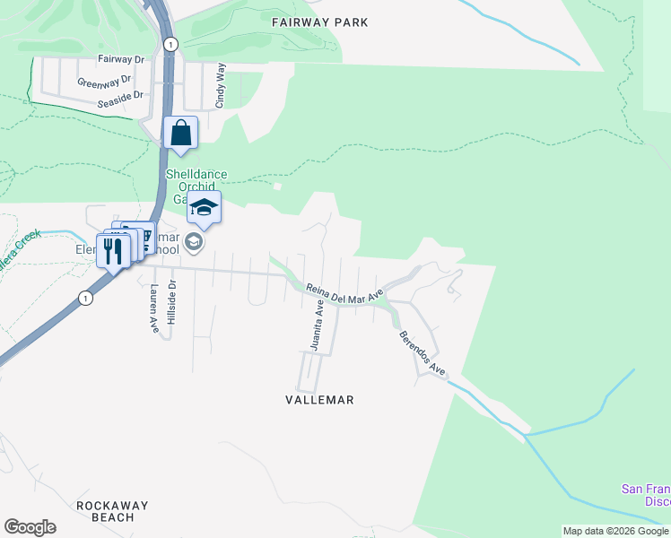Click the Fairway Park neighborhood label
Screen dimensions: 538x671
pyautogui.click(x=319, y=22)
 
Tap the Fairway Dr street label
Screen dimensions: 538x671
pyautogui.click(x=121, y=59)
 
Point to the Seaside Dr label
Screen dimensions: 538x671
pyautogui.click(x=121, y=95)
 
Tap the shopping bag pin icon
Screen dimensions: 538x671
pyautogui.click(x=180, y=133)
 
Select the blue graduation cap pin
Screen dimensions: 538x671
pyautogui.click(x=204, y=208)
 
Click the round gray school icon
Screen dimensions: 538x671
pyautogui.click(x=193, y=242)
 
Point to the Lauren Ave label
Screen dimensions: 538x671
pyautogui.click(x=154, y=309)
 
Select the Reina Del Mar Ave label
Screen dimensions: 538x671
pyautogui.click(x=344, y=294)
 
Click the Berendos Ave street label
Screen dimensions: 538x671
pyautogui.click(x=423, y=352)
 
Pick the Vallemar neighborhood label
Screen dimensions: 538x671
pyautogui.click(x=319, y=400)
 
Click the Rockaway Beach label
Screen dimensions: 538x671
pyautogui.click(x=111, y=511)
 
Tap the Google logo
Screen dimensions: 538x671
pyautogui.click(x=30, y=527)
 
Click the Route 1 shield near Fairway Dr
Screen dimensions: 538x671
pyautogui.click(x=170, y=43)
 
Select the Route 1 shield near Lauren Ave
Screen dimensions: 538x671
pyautogui.click(x=85, y=299)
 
